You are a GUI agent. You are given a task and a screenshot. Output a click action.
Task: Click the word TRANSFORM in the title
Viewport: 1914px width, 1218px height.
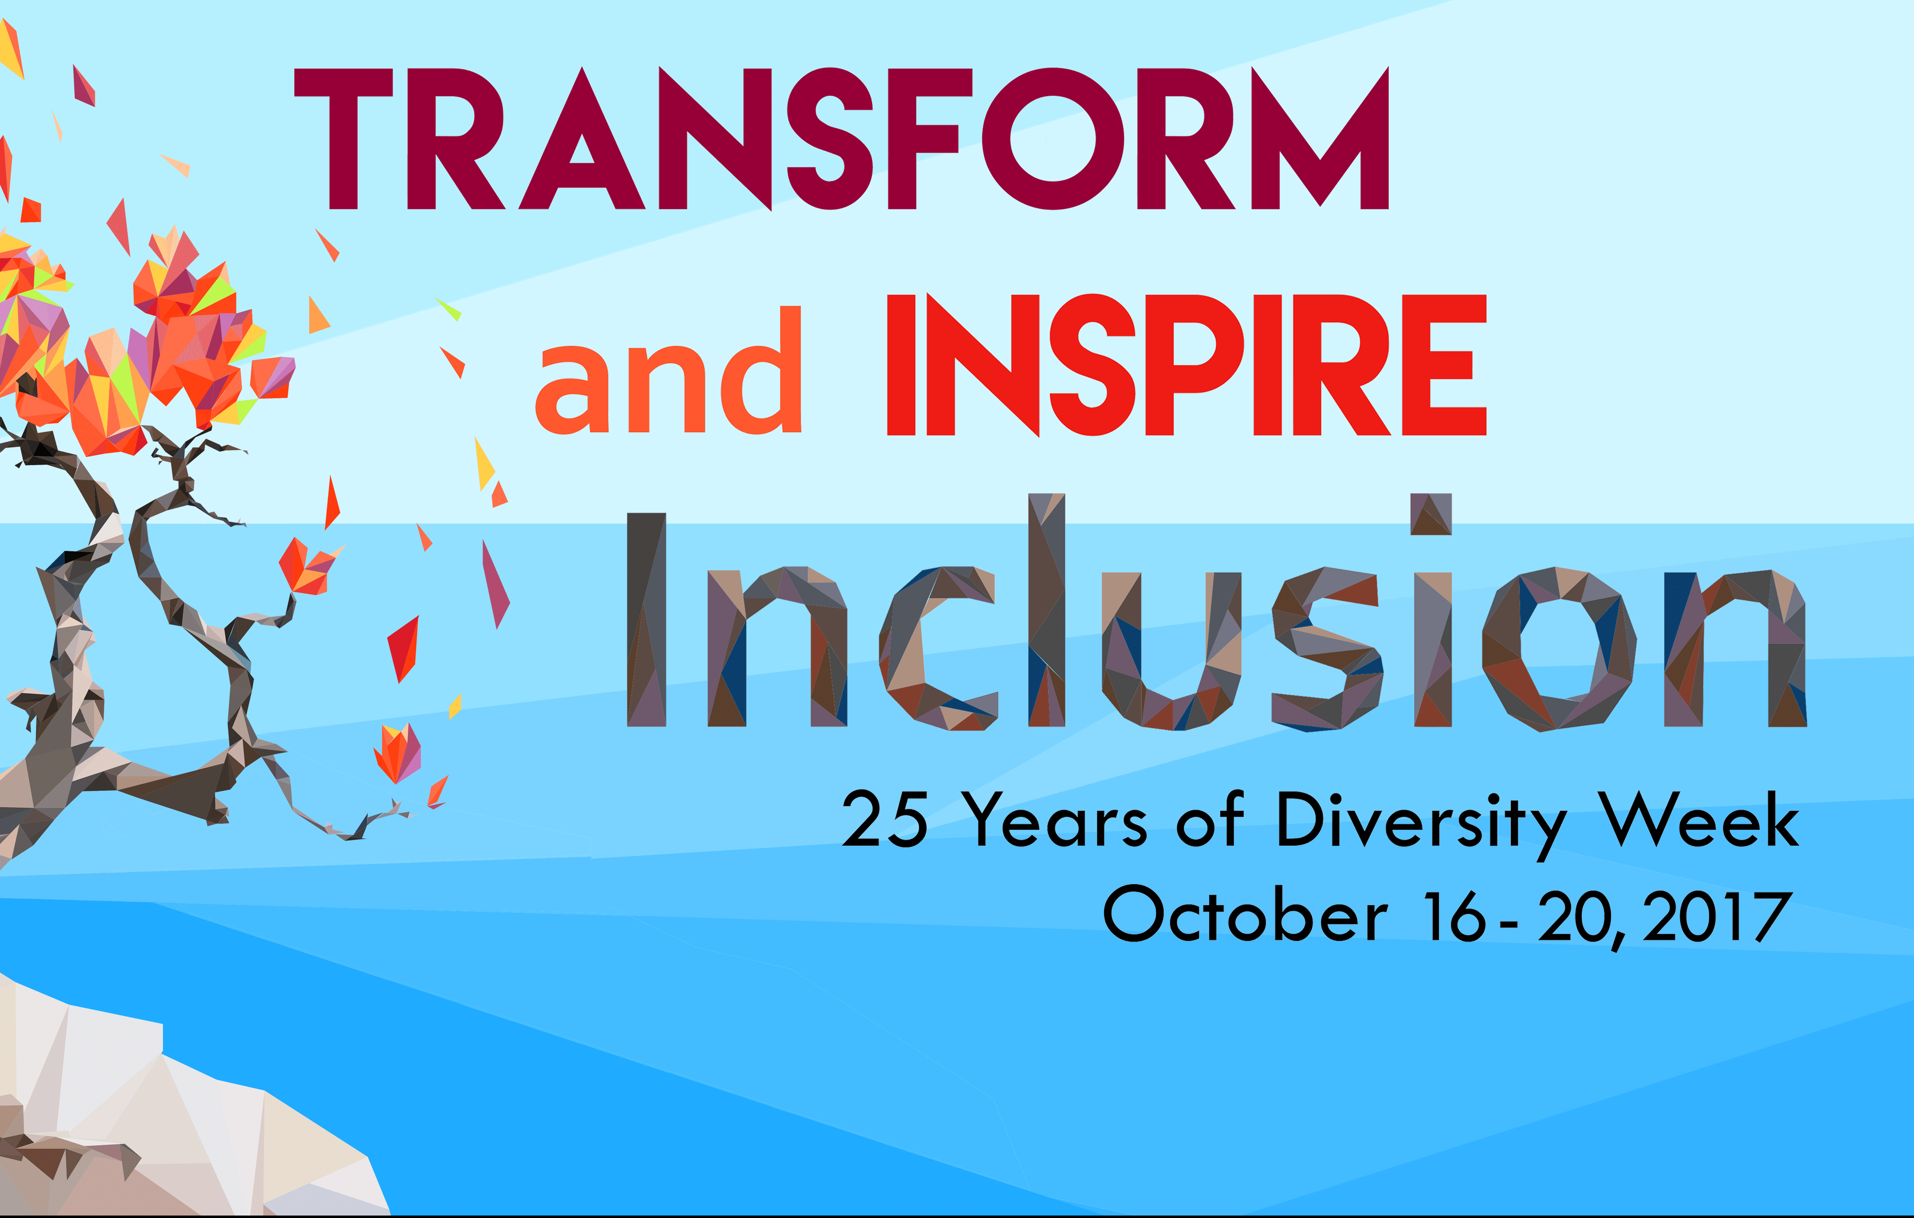[x=841, y=139]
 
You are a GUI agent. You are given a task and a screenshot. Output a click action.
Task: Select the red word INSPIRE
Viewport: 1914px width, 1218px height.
[x=1186, y=366]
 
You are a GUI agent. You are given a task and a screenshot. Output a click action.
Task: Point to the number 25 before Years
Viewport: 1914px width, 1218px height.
[x=884, y=819]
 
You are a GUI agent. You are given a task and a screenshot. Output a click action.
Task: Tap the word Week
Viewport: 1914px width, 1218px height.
[x=1698, y=819]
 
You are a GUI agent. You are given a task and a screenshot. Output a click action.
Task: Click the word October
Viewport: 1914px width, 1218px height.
[x=1245, y=914]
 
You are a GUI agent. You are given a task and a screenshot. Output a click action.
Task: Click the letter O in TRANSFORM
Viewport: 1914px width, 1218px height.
[x=1053, y=139]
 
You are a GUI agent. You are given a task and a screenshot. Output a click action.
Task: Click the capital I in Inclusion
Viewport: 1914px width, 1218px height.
[x=646, y=620]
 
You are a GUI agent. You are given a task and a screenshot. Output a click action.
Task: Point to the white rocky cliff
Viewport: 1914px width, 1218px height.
[x=159, y=1129]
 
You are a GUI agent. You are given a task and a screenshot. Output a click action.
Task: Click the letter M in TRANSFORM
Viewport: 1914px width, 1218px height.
[x=1319, y=139]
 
